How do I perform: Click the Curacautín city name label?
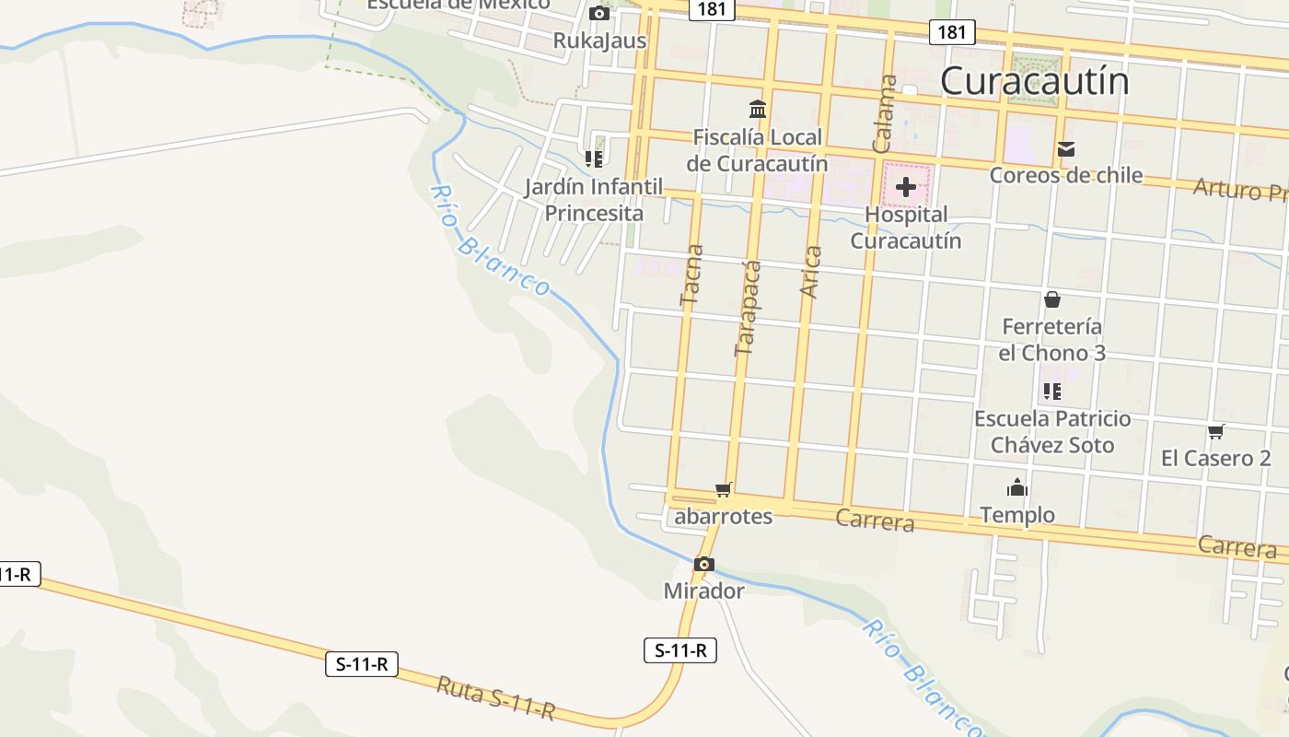click(x=1034, y=81)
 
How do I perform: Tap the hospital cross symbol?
click(x=906, y=187)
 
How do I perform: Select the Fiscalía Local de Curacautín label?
click(x=757, y=151)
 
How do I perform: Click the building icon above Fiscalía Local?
click(x=758, y=110)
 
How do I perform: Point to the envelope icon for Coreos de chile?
click(x=1066, y=149)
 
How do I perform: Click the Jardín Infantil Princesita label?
click(x=594, y=200)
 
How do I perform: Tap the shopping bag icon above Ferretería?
click(x=1051, y=299)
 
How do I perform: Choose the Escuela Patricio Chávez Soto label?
click(x=1052, y=432)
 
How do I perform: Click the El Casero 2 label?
click(x=1215, y=458)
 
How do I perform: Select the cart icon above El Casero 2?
click(x=1215, y=431)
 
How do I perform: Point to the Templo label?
click(x=1017, y=514)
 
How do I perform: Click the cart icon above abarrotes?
click(x=723, y=489)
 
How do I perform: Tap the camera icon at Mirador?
click(x=704, y=564)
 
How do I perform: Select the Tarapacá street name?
click(x=748, y=309)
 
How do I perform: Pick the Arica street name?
click(x=810, y=272)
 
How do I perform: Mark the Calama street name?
click(x=885, y=112)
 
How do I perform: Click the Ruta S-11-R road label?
click(x=495, y=697)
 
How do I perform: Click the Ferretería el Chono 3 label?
click(x=1051, y=340)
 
